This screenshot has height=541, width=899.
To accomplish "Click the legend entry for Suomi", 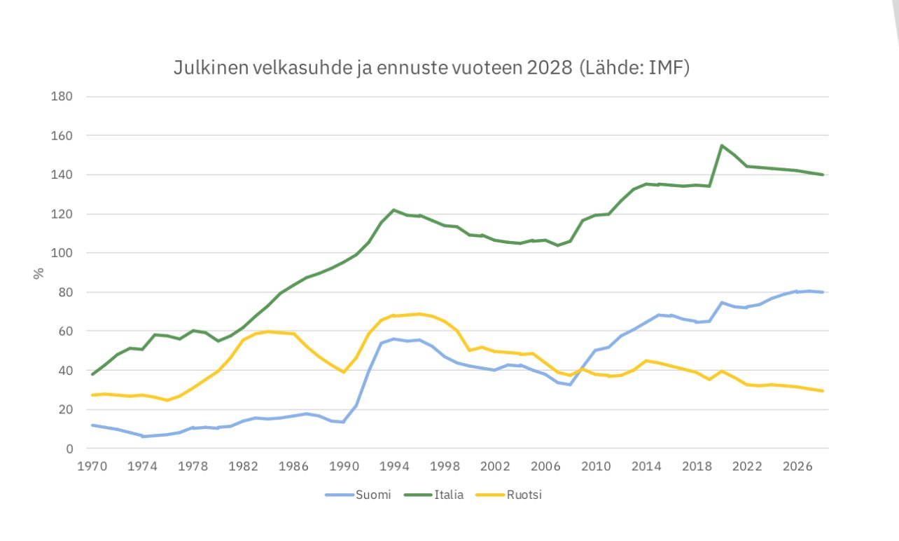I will coord(358,495).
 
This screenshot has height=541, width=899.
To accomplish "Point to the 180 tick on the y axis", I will coord(63,96).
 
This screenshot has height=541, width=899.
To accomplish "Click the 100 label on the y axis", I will coord(63,253).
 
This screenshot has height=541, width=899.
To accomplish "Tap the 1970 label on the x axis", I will coord(92,466).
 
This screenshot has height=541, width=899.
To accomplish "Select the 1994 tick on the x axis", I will coord(394,466).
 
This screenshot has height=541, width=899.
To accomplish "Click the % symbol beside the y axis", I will coord(39,273).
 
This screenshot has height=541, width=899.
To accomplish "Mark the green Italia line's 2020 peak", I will coord(721,146).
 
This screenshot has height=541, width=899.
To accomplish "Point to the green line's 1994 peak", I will coord(394,210).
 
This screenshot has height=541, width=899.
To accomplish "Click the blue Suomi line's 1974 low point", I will coord(143,437).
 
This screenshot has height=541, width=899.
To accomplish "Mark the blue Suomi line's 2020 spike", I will coord(721,303).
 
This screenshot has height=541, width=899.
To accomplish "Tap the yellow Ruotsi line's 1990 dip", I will coord(344,372).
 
